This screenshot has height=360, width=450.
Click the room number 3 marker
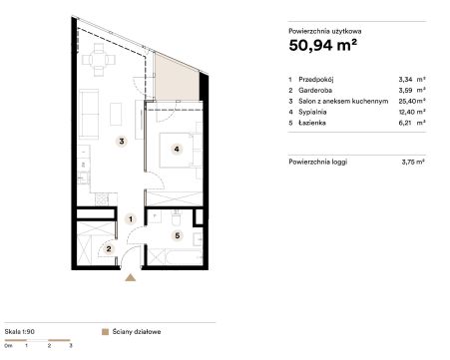tap(122, 142)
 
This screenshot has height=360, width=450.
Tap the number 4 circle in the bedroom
tap(177, 150)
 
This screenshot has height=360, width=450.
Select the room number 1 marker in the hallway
tap(131, 219)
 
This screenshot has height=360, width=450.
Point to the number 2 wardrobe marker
tap(109, 248)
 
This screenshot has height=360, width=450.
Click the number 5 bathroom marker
tap(178, 235)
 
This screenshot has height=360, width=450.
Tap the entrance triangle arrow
tap(131, 277)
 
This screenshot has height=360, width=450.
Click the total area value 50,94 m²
tap(323, 45)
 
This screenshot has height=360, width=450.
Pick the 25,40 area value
tap(407, 101)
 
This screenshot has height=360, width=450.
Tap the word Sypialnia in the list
tap(312, 112)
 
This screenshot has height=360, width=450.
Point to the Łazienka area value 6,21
tap(406, 123)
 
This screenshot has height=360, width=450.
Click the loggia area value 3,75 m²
tap(413, 163)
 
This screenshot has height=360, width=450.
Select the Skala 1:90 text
tap(20, 332)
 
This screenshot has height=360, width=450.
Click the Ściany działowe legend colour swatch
tap(105, 332)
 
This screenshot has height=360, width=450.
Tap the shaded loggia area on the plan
tap(177, 80)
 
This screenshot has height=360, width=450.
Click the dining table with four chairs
tap(99, 60)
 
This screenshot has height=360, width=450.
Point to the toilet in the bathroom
tap(176, 217)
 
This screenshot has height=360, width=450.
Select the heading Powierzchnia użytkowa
tap(325, 31)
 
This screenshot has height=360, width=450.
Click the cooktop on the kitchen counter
tap(102, 199)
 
